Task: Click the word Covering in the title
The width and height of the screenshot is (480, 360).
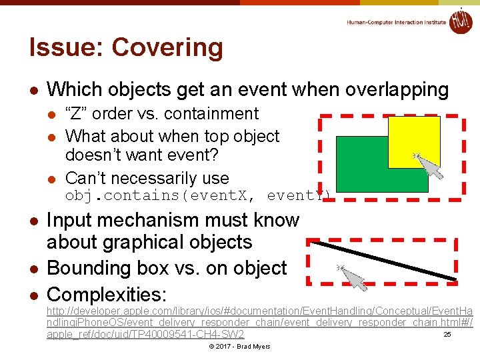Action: (167, 48)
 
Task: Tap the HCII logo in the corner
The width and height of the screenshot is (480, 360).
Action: (461, 21)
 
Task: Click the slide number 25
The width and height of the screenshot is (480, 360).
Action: (447, 335)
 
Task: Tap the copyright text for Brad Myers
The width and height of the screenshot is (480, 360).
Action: (239, 347)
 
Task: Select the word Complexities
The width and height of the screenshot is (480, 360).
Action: (107, 294)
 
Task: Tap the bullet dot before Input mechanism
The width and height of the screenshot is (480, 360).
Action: (33, 221)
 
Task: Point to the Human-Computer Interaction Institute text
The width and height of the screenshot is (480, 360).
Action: (397, 22)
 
